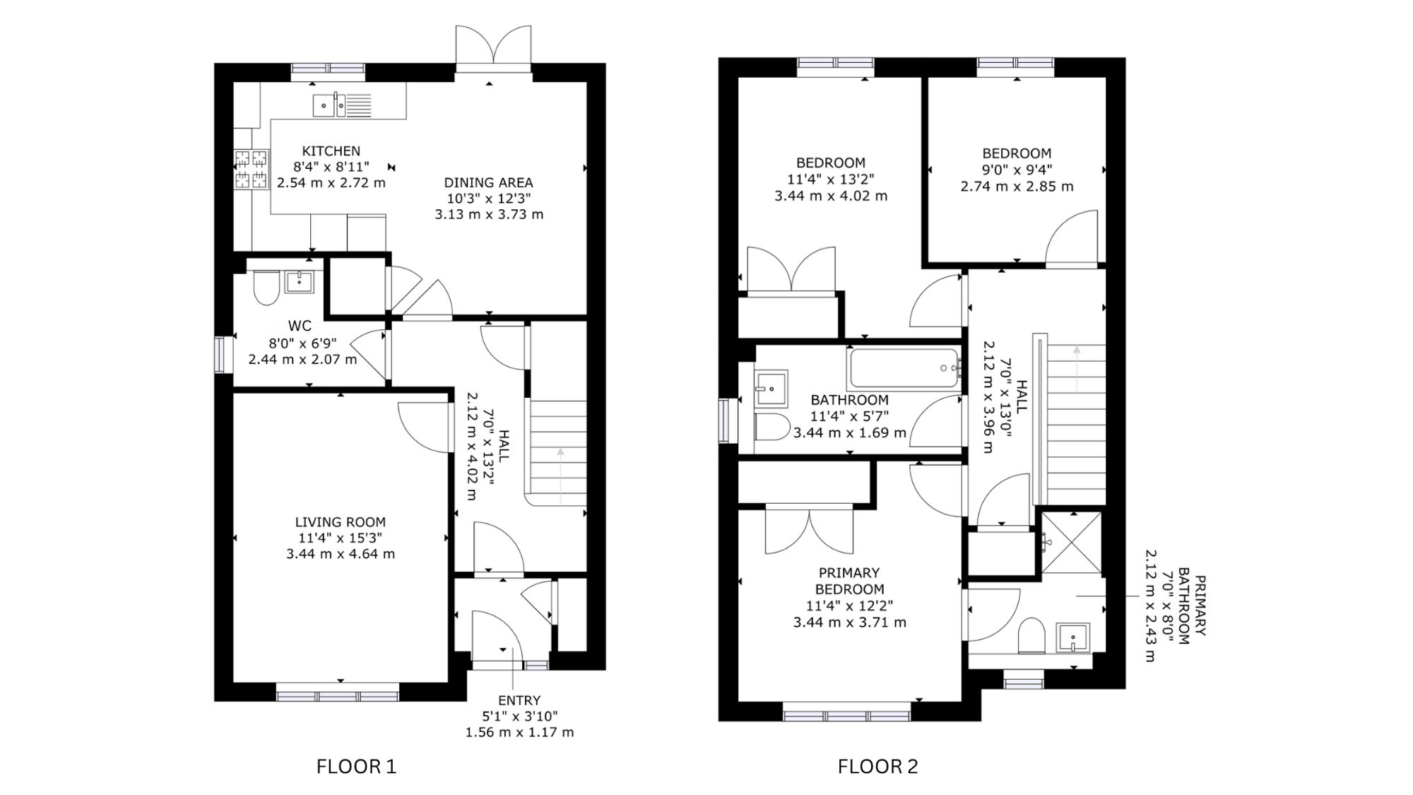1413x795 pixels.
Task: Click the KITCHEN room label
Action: click(331, 151)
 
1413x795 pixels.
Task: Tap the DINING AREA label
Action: click(488, 183)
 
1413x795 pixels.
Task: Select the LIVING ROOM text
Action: click(341, 522)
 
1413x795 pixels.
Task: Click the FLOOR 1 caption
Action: click(357, 766)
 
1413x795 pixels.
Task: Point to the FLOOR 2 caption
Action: click(878, 766)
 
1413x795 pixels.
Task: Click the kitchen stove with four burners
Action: click(252, 170)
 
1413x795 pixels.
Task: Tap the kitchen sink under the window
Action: click(342, 105)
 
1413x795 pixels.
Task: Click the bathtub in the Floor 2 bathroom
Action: click(904, 367)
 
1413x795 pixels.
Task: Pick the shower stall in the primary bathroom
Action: click(1072, 543)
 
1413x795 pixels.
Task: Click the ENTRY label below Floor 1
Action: click(519, 700)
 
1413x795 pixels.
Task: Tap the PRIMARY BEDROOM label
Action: click(849, 581)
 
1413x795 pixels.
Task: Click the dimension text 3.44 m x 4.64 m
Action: click(341, 554)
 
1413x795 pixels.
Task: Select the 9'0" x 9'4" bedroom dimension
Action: click(1017, 170)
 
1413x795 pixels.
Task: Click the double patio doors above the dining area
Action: click(493, 49)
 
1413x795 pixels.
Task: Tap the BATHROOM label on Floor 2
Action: click(849, 400)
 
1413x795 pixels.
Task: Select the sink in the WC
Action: click(300, 281)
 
